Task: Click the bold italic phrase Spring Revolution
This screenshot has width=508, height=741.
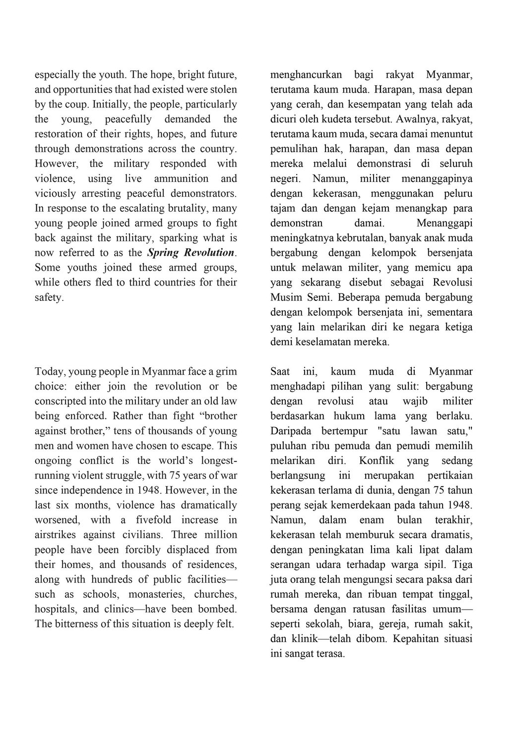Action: tap(191, 253)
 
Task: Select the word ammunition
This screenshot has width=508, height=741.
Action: tap(181, 178)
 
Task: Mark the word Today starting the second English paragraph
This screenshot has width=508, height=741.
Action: tap(49, 371)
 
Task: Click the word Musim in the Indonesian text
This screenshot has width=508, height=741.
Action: tap(285, 298)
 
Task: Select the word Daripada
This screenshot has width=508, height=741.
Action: tap(289, 431)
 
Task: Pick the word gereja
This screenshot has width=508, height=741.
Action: tap(380, 624)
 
